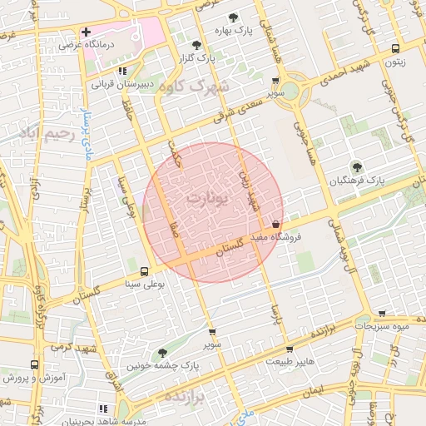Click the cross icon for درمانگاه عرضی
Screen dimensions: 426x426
[x=86, y=32]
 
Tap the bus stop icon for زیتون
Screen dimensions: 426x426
[x=395, y=47]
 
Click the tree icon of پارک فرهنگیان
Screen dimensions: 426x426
[x=357, y=166]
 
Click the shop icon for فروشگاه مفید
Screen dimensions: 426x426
[x=276, y=224]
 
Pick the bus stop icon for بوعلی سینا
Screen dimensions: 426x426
[x=145, y=271]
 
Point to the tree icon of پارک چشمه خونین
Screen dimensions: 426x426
[x=162, y=353]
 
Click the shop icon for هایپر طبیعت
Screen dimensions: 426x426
[x=289, y=350]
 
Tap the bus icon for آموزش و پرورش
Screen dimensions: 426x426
[x=34, y=364]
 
